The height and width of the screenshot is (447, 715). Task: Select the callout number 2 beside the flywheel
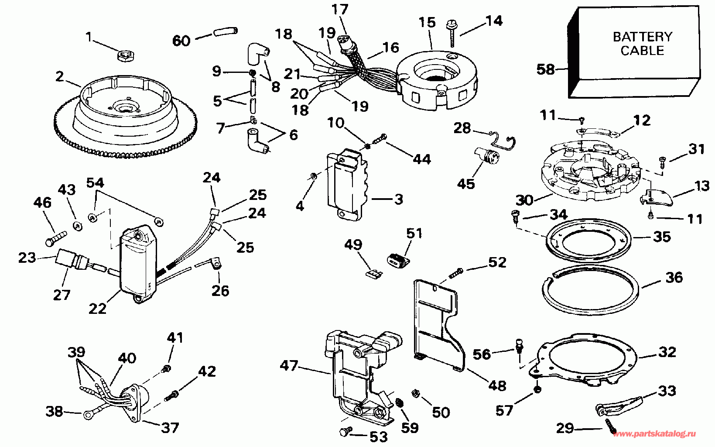pos(60,77)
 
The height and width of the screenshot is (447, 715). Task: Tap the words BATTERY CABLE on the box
pos(642,43)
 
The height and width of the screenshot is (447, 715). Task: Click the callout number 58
pos(546,69)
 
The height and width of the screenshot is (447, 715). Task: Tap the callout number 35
pos(662,237)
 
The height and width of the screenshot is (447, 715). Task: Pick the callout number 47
pos(289,365)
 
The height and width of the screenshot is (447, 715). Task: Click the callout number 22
pos(97,308)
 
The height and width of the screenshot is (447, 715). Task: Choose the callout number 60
pos(182,41)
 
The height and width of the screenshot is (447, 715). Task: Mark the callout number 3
pos(398,200)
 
